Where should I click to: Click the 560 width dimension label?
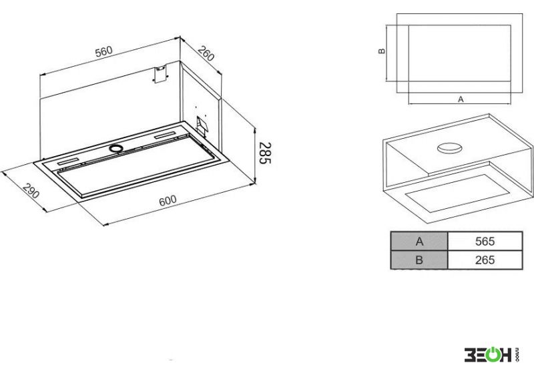coord(103,51)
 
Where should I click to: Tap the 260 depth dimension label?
coord(206,53)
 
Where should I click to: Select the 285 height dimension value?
coord(265,153)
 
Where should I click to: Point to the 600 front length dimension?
coord(168,200)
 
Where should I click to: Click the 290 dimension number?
coord(31,192)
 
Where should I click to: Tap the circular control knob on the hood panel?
coord(116,148)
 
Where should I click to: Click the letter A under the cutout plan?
coord(461,99)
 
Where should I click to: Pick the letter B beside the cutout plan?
coord(382,51)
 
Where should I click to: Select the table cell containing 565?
coord(485,242)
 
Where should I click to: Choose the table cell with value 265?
coord(485,260)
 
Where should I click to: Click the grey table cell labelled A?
coord(419,242)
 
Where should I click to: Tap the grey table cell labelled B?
coord(419,260)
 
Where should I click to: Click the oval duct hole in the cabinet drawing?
coord(449,147)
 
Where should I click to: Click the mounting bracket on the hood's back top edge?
coord(160,74)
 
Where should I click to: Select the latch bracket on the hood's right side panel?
coord(202,126)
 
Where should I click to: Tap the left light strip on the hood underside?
coord(69,161)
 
